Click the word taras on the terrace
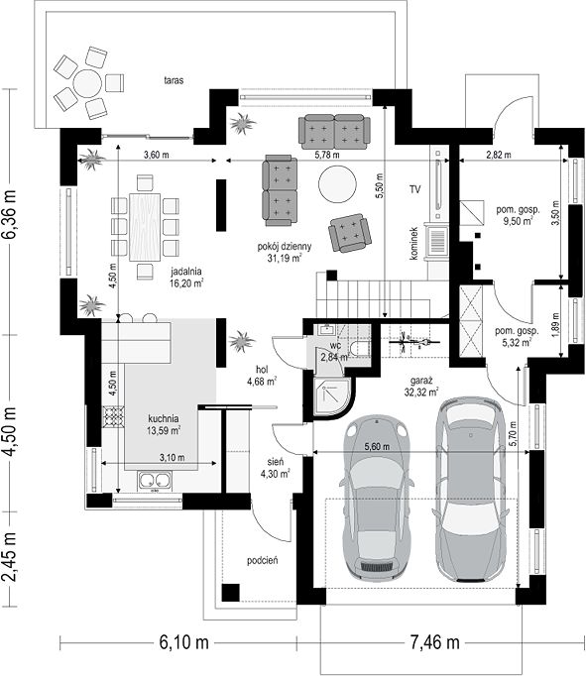pos(174,80)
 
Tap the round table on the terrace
pos(87,83)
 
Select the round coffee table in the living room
pos(338,184)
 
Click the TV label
pos(415,189)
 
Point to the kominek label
pos(413,244)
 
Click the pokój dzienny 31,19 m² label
pos(285,252)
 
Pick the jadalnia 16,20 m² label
pos(186,278)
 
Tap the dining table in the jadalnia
pos(145,227)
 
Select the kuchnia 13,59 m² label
pos(164,424)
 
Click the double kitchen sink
pos(155,481)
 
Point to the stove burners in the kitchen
pos(113,416)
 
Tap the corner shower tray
pos(334,397)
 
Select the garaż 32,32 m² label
pos(421,387)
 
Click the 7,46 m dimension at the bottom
pos(434,642)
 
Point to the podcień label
pos(262,560)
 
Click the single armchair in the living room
pos(350,233)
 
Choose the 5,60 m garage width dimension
pos(377,447)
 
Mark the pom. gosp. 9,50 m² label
pos(518,215)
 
